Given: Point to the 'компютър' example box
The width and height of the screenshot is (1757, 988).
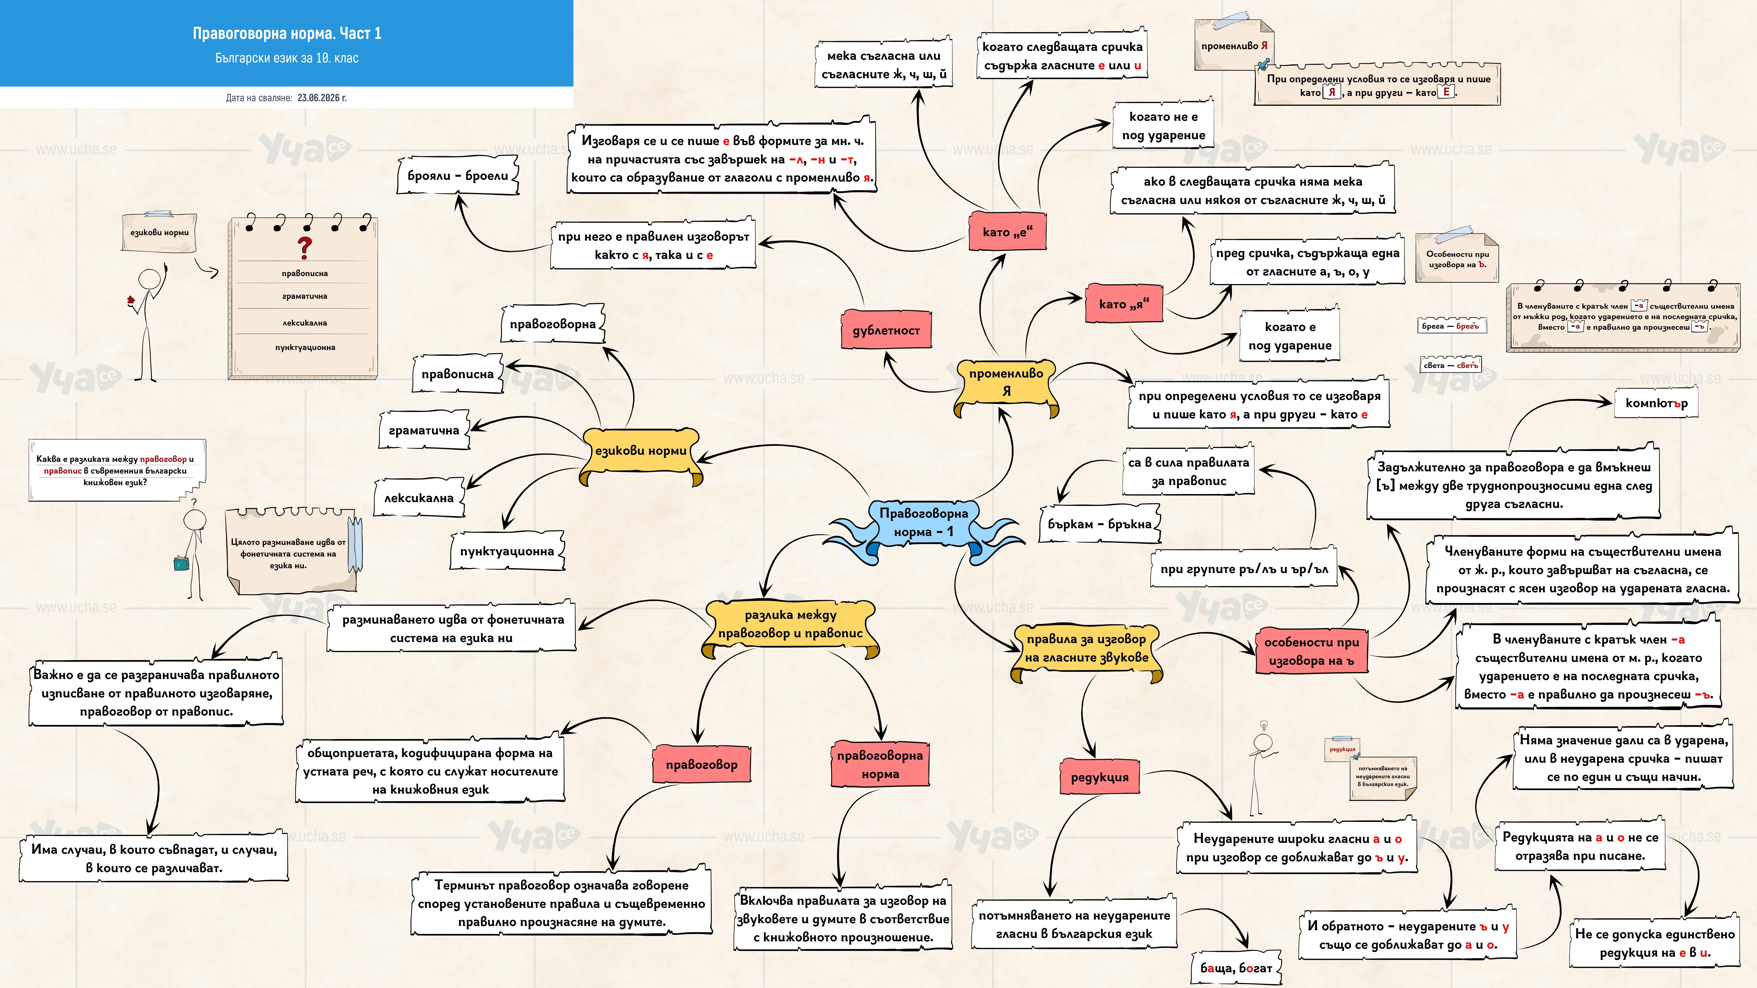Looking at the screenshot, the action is [1656, 403].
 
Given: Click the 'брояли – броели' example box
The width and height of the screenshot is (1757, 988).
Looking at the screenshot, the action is [458, 176].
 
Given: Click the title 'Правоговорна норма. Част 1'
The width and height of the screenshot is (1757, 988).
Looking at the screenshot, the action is [287, 33].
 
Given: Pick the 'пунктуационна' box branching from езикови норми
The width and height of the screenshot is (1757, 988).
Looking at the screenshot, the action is [507, 551].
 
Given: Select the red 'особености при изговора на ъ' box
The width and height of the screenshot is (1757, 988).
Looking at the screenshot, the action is [1312, 651].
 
